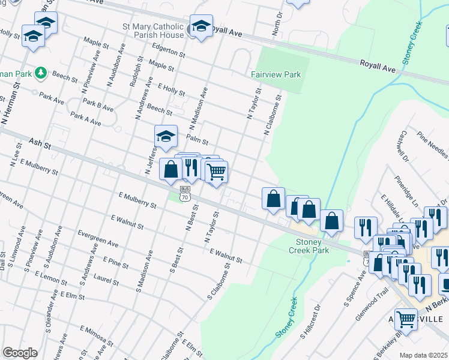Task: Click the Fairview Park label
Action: click(276, 75)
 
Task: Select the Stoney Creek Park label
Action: click(312, 246)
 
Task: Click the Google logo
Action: click(20, 353)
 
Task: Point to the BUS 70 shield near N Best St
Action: click(185, 193)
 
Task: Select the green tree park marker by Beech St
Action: click(41, 73)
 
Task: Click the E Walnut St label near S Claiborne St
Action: click(226, 256)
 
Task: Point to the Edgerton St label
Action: click(169, 52)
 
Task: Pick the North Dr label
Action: click(277, 23)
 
